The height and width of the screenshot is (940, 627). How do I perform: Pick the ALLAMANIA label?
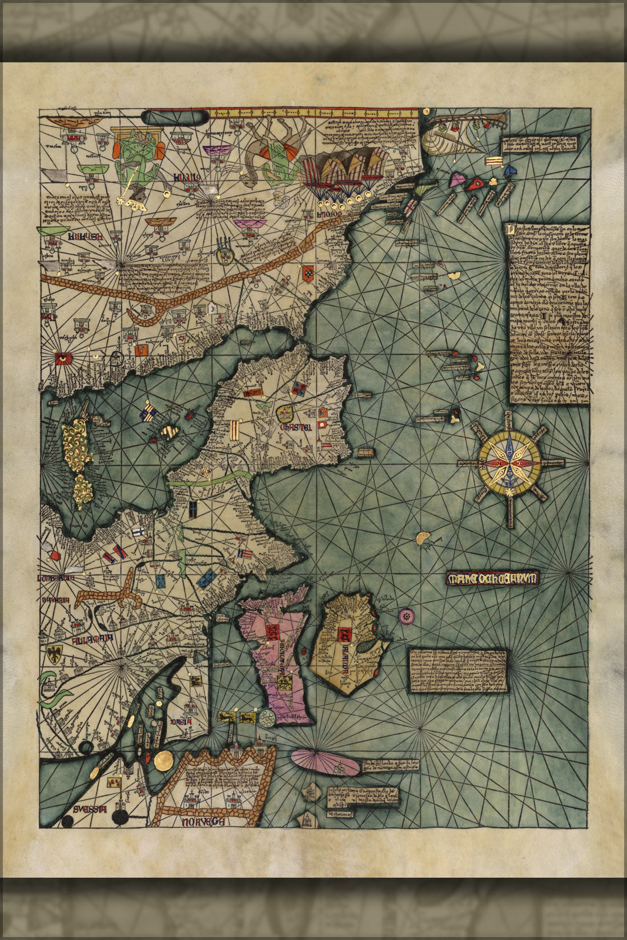pos(93,640)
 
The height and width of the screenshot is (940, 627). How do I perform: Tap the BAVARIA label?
pos(55,601)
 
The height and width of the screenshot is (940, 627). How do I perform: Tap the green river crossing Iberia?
pos(208,480)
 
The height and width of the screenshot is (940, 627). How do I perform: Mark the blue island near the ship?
pos(510,169)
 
